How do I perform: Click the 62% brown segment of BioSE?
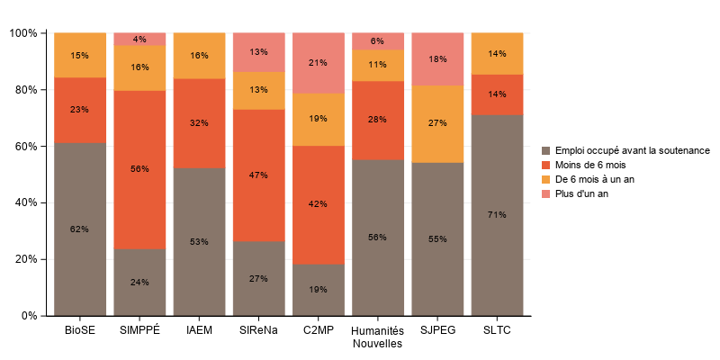(79, 229)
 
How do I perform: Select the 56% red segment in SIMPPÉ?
(139, 169)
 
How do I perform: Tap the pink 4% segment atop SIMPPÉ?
(139, 39)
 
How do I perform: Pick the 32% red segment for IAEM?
(199, 122)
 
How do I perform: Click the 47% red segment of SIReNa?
(258, 175)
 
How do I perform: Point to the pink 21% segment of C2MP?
(319, 63)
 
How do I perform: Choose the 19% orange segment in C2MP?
(319, 119)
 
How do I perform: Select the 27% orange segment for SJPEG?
(437, 123)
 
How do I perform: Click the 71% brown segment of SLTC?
(497, 215)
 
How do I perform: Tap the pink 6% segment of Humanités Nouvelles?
(378, 40)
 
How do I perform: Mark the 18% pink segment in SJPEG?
(437, 58)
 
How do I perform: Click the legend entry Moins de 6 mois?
(590, 166)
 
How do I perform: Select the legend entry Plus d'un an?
(582, 194)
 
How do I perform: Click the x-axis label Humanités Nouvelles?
(378, 337)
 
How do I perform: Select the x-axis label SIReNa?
(258, 330)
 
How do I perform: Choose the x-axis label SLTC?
(497, 330)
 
